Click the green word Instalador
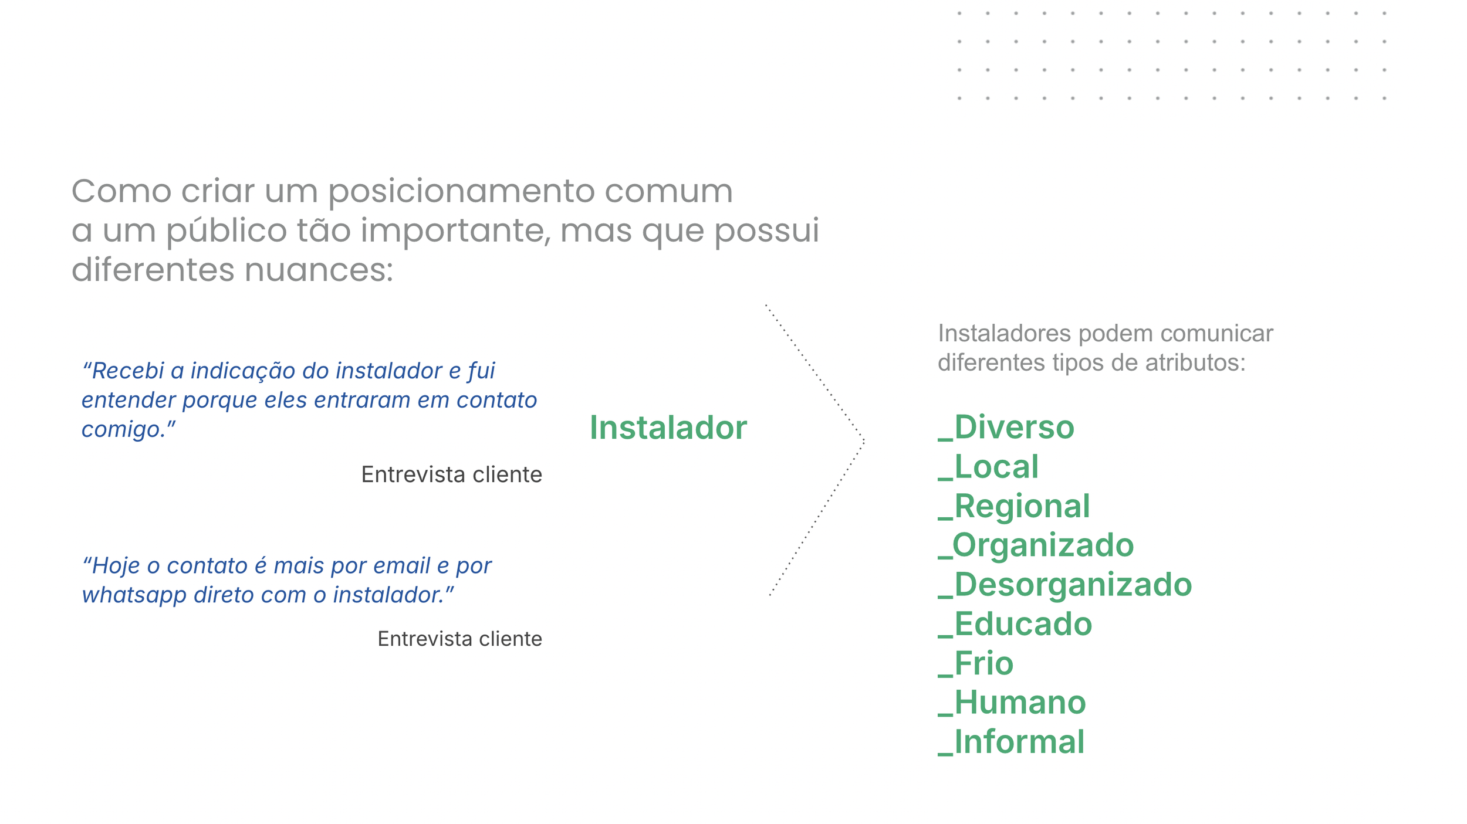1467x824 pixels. [668, 428]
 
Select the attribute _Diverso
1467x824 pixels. [1006, 427]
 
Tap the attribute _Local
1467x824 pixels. [988, 467]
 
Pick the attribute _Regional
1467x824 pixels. [1014, 506]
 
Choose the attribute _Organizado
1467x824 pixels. [1036, 545]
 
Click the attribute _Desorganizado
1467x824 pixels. [1064, 585]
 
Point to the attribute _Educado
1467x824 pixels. [1015, 624]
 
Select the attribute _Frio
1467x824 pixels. [975, 663]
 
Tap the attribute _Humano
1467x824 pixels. [1012, 703]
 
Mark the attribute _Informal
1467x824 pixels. [1011, 742]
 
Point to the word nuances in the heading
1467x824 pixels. [319, 270]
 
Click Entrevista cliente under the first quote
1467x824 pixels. [451, 474]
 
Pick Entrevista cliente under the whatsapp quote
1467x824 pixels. [459, 639]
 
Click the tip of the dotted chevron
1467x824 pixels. [863, 440]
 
